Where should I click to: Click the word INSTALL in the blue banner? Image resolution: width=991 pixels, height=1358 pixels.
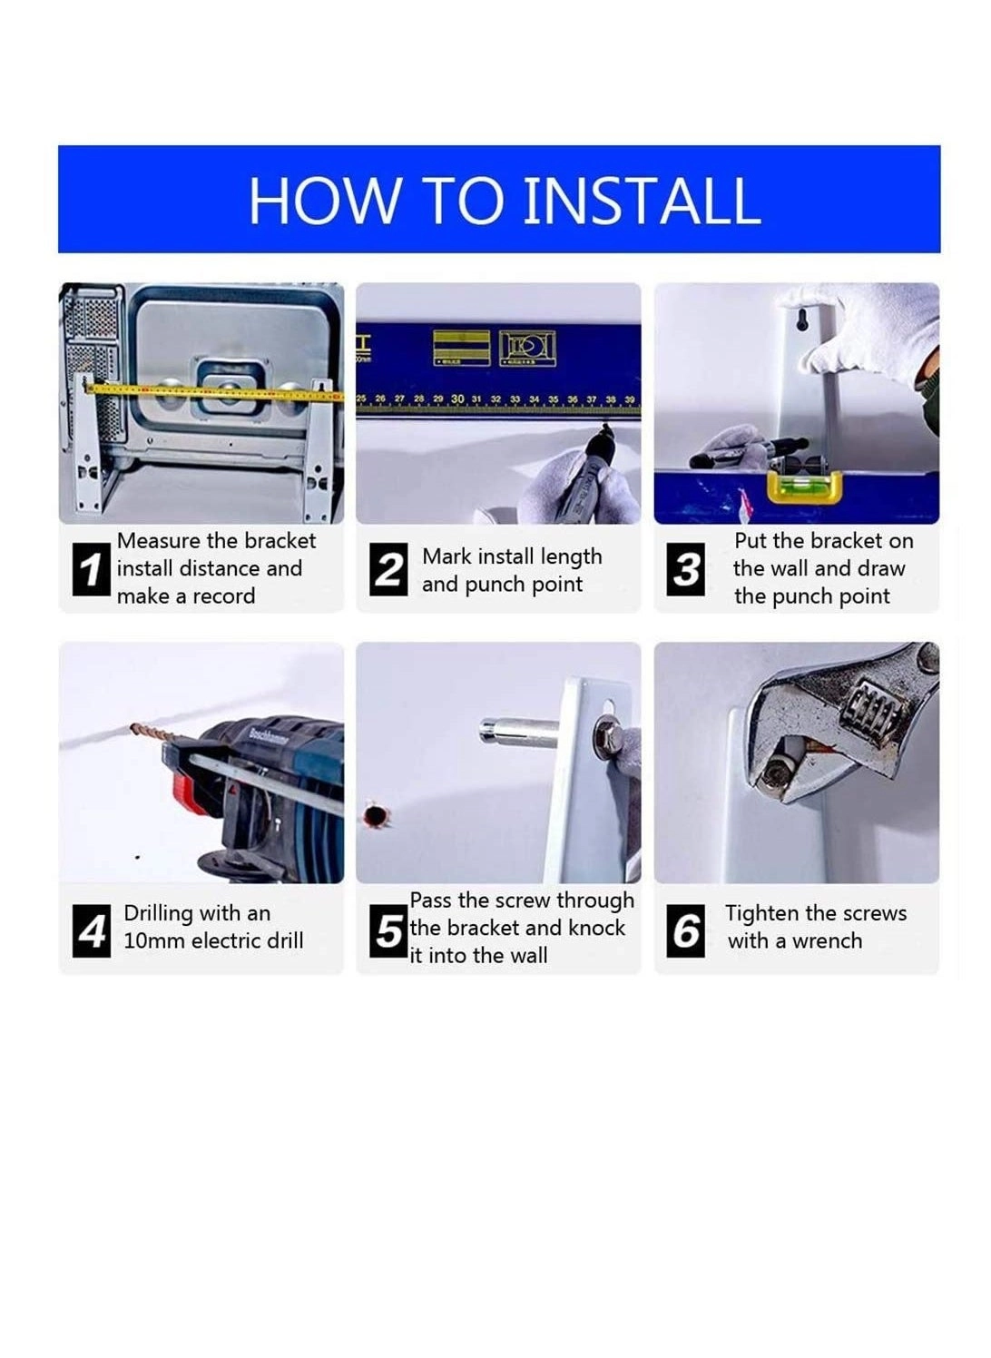click(642, 201)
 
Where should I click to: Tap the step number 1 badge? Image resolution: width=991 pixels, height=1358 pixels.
click(91, 570)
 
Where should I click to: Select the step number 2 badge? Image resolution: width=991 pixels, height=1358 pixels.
click(388, 570)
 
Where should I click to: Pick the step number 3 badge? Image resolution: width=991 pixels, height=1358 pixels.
click(686, 570)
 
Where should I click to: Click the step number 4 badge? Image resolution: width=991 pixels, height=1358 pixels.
click(91, 931)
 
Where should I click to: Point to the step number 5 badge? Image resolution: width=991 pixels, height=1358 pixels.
click(388, 931)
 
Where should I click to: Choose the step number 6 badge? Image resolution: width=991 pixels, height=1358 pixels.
click(686, 931)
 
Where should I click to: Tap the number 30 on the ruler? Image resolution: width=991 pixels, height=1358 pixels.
click(457, 399)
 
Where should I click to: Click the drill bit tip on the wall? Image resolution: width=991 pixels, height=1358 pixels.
click(136, 728)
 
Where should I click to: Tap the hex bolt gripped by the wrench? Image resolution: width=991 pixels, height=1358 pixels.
click(779, 772)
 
